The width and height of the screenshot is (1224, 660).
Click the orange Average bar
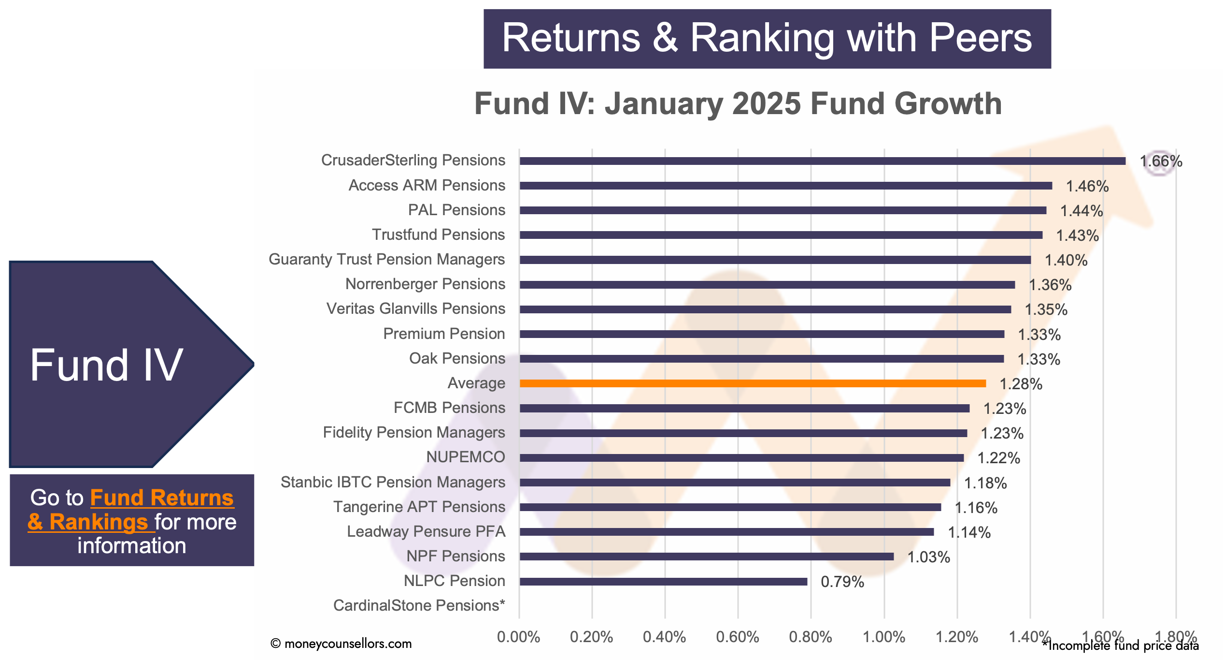[753, 383]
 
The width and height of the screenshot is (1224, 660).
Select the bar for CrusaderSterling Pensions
[823, 161]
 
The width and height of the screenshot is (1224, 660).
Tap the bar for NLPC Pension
[663, 581]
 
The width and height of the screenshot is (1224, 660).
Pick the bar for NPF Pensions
[707, 557]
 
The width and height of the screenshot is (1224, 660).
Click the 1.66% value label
[1161, 161]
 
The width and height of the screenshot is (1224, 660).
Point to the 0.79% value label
[842, 582]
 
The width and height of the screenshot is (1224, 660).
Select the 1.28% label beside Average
[1021, 384]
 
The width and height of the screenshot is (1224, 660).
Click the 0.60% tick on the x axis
[738, 637]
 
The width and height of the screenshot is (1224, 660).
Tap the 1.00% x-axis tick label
[884, 637]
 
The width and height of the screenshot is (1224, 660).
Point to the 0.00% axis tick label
[519, 637]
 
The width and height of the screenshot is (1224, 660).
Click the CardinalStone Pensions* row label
[419, 605]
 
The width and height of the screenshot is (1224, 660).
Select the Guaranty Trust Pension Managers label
[387, 260]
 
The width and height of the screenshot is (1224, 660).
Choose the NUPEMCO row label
[466, 457]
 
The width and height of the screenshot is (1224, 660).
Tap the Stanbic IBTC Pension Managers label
[393, 482]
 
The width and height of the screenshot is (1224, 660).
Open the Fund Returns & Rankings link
[131, 510]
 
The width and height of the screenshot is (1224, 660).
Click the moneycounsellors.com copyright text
[341, 644]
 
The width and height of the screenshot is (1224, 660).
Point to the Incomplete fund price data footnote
[1120, 645]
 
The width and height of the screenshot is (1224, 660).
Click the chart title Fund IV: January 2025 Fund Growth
[738, 103]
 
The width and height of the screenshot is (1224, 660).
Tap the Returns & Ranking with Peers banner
[767, 39]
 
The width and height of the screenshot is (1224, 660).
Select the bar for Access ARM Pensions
[786, 186]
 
